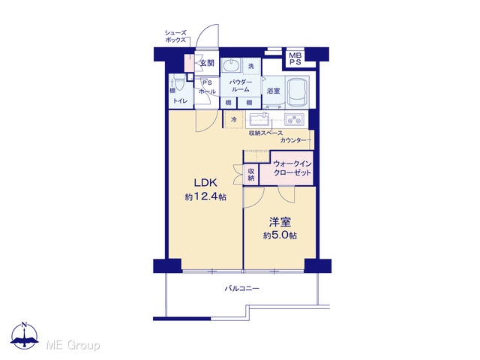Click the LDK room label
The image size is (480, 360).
[205, 183]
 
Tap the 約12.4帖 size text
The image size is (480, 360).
[205, 196]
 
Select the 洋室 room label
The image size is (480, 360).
[280, 222]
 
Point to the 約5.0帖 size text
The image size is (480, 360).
[280, 235]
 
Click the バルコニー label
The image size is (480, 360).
[241, 288]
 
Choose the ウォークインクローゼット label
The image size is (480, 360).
[292, 168]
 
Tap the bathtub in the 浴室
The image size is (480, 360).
[297, 91]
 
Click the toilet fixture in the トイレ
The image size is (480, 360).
[178, 83]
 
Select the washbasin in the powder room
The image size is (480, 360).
[231, 65]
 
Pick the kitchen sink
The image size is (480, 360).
[259, 119]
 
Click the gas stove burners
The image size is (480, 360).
[295, 119]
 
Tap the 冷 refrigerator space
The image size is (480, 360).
[234, 119]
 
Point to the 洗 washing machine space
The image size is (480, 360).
[251, 66]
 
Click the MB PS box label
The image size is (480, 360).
[295, 58]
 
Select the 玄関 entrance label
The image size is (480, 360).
[207, 63]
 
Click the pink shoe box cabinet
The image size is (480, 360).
[189, 63]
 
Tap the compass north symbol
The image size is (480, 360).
[25, 335]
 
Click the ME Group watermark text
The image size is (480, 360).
[73, 346]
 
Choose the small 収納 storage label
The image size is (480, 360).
[251, 175]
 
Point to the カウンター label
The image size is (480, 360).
[293, 140]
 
